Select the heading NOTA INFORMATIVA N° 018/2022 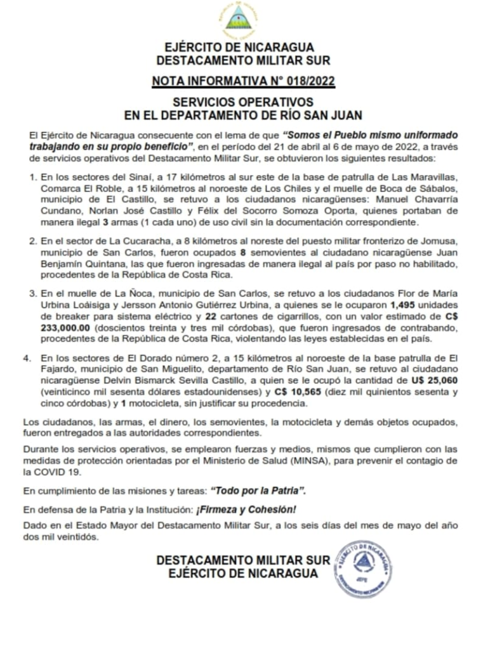pos(244,80)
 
